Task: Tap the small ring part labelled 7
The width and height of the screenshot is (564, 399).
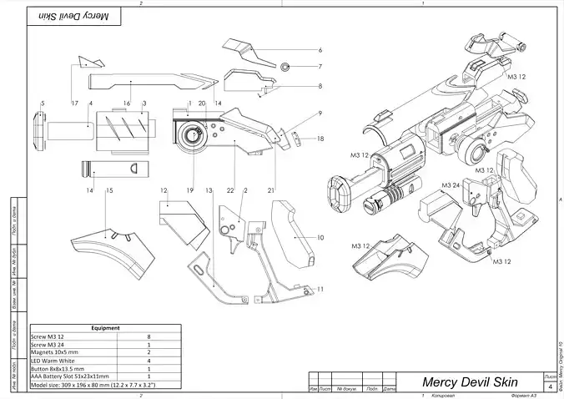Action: [285, 66]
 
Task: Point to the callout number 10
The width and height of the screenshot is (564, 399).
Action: [320, 237]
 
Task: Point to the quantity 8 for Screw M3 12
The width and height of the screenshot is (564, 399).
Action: [149, 336]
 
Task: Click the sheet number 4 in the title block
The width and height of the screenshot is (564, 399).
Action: [550, 386]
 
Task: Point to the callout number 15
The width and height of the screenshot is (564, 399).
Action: [109, 191]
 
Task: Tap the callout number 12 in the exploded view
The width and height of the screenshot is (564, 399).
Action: [164, 191]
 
